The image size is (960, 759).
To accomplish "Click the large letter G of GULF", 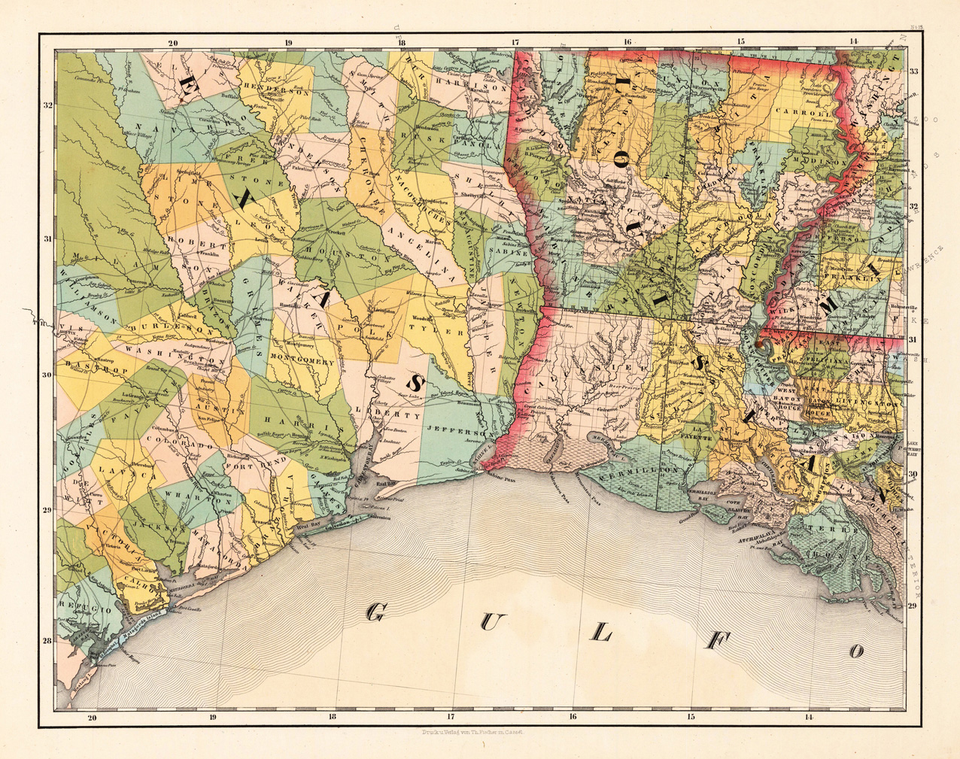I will [x=374, y=612].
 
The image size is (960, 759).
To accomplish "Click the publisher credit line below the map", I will [x=463, y=730].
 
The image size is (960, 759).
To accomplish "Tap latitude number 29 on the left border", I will [x=47, y=511].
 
